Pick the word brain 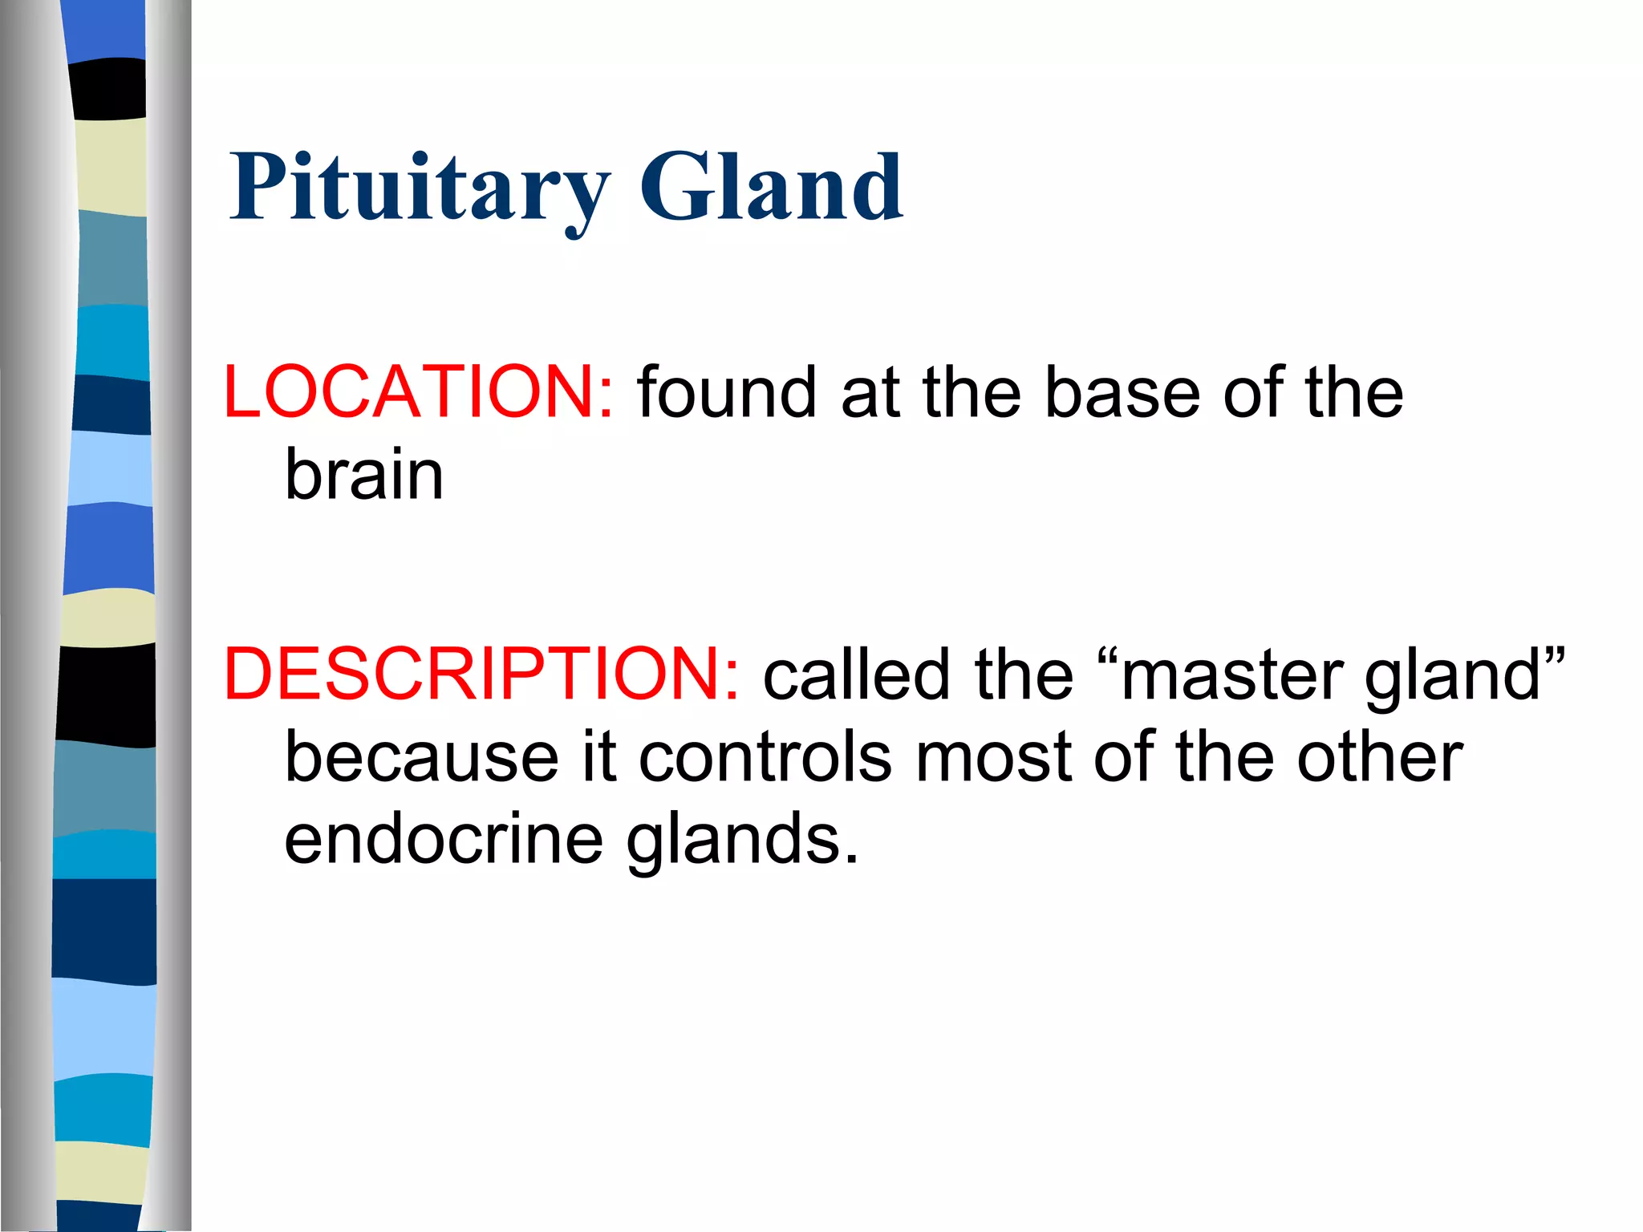tap(364, 475)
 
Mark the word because tap(422, 757)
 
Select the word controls tap(765, 757)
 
